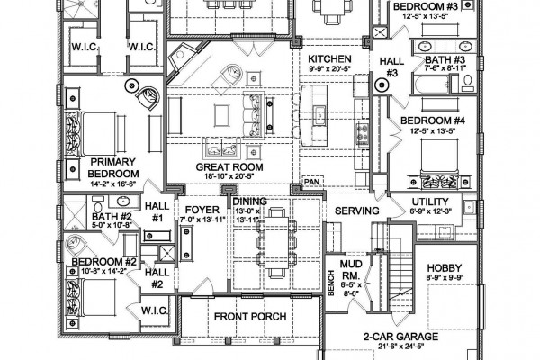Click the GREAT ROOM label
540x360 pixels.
pos(229,167)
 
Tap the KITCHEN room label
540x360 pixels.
pos(329,58)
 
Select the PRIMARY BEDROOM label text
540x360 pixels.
pos(113,167)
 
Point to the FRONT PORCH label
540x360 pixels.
pos(250,316)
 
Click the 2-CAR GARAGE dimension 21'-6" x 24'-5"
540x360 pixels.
pos(400,346)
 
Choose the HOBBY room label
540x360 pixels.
pos(445,267)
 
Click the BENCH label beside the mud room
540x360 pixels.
pos(331,283)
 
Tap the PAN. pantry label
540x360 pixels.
pos(312,181)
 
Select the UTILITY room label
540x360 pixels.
pos(430,202)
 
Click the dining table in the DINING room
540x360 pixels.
pos(276,242)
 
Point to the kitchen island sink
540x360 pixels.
pos(319,113)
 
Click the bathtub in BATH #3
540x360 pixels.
pos(432,85)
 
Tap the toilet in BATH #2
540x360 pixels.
pos(98,208)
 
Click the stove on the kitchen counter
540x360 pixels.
pos(363,134)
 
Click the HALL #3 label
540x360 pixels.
pos(391,67)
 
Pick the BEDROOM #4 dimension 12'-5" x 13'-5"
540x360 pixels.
pos(433,130)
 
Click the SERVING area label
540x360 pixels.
pos(356,211)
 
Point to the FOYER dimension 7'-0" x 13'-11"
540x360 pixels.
pos(202,219)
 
